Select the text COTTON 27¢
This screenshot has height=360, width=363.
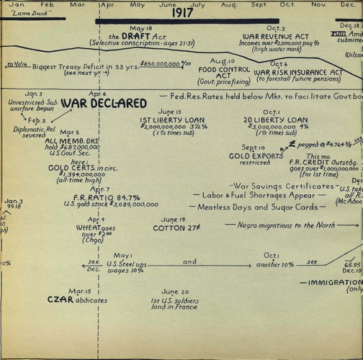pyautogui.click(x=170, y=228)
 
